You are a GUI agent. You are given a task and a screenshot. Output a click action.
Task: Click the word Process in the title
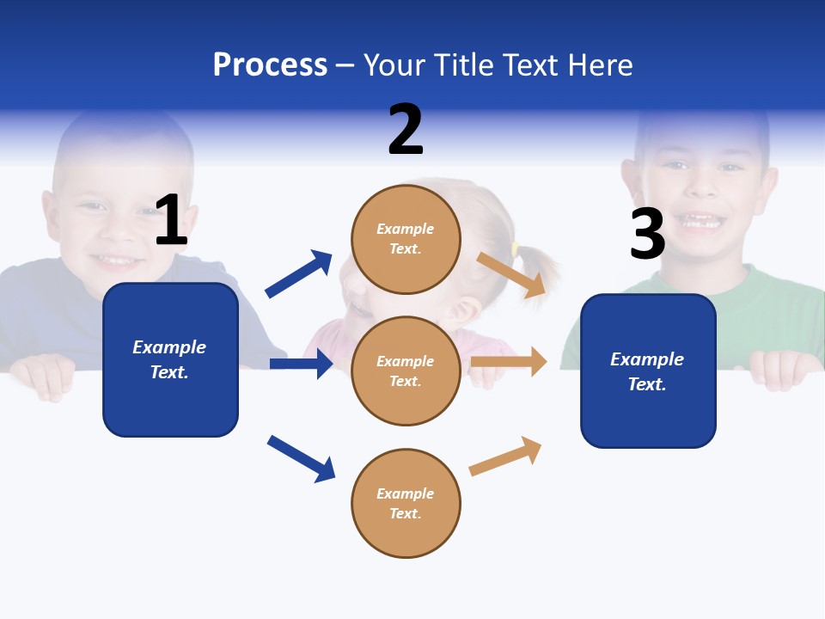click(x=270, y=64)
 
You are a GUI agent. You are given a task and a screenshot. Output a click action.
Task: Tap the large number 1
click(x=171, y=220)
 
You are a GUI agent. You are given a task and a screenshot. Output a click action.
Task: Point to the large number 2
click(x=406, y=130)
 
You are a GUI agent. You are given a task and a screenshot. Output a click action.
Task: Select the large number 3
click(x=647, y=234)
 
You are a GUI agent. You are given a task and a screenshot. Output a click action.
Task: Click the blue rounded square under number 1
click(x=170, y=359)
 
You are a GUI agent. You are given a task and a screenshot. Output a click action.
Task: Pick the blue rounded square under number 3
click(x=648, y=371)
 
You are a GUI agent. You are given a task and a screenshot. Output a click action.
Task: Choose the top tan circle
click(x=406, y=239)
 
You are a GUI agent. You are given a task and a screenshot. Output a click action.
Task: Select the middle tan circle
click(x=406, y=371)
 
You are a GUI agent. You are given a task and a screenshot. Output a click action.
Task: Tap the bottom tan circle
click(x=406, y=503)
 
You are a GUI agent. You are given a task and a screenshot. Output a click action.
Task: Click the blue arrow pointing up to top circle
click(x=298, y=274)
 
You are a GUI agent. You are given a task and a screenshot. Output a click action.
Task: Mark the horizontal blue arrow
click(x=301, y=364)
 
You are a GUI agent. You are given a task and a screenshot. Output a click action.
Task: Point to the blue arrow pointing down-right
click(x=301, y=458)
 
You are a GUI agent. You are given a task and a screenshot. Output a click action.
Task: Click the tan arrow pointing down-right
click(x=512, y=274)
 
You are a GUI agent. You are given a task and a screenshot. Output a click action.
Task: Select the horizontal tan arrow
click(x=509, y=362)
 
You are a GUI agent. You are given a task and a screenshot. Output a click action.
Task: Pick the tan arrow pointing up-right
click(x=505, y=456)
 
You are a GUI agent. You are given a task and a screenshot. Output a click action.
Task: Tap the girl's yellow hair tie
click(x=515, y=250)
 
